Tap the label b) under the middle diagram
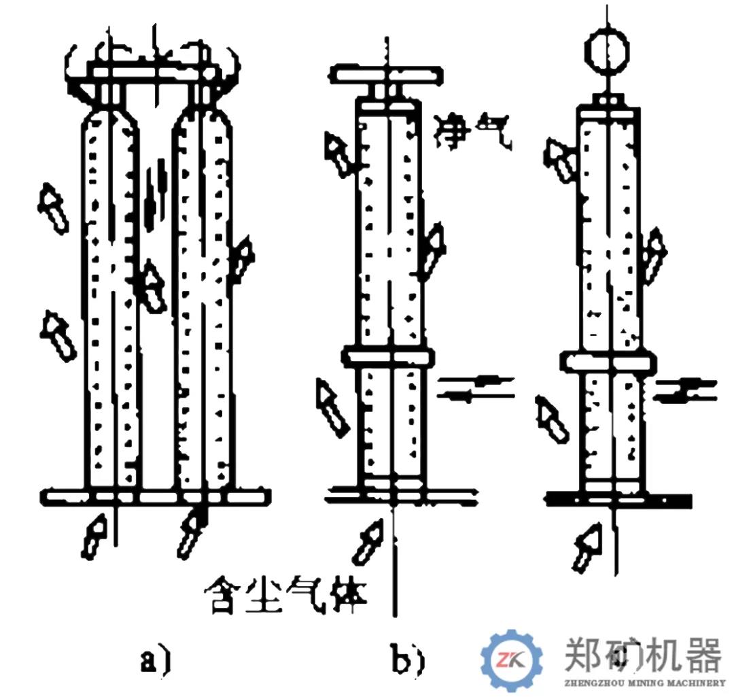(408, 659)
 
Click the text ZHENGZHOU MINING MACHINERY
(644, 683)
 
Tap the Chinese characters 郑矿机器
(642, 654)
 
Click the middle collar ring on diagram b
(386, 356)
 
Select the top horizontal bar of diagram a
(154, 70)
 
